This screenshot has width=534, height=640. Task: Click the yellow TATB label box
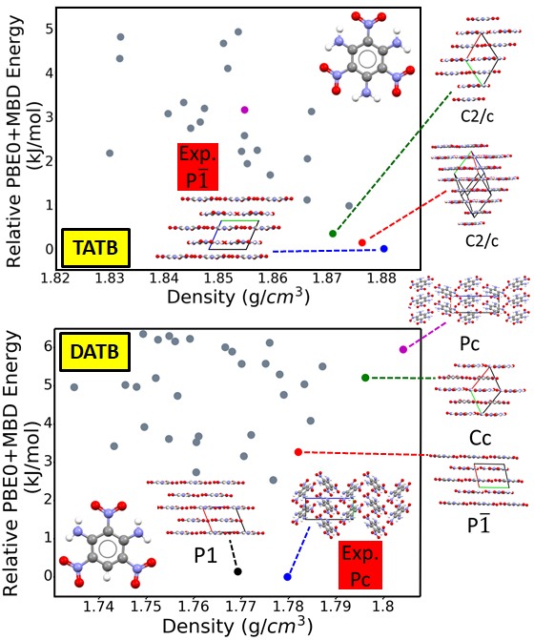click(96, 248)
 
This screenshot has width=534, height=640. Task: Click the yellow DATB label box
click(95, 352)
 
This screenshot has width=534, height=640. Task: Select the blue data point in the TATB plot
click(383, 249)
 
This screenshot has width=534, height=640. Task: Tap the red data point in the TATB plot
click(361, 242)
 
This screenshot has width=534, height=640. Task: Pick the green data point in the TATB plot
click(333, 234)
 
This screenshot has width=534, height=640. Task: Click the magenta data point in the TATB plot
click(244, 110)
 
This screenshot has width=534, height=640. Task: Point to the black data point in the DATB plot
click(237, 571)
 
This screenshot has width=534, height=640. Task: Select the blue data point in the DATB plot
click(287, 577)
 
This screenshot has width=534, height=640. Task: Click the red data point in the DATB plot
click(298, 452)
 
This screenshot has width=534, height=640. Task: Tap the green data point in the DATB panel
click(365, 378)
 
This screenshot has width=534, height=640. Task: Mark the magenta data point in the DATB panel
click(403, 349)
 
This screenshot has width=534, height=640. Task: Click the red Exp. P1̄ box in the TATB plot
click(197, 167)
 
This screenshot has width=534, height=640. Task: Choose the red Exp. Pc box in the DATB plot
click(360, 565)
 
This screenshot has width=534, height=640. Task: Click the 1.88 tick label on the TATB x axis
click(381, 279)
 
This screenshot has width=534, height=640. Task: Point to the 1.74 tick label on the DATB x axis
click(98, 607)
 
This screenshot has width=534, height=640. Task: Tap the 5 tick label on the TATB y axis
click(50, 30)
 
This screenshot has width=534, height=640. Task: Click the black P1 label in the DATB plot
click(205, 555)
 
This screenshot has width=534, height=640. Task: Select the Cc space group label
click(480, 438)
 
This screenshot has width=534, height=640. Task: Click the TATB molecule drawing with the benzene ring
click(367, 57)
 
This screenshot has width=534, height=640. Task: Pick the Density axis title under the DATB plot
click(237, 626)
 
